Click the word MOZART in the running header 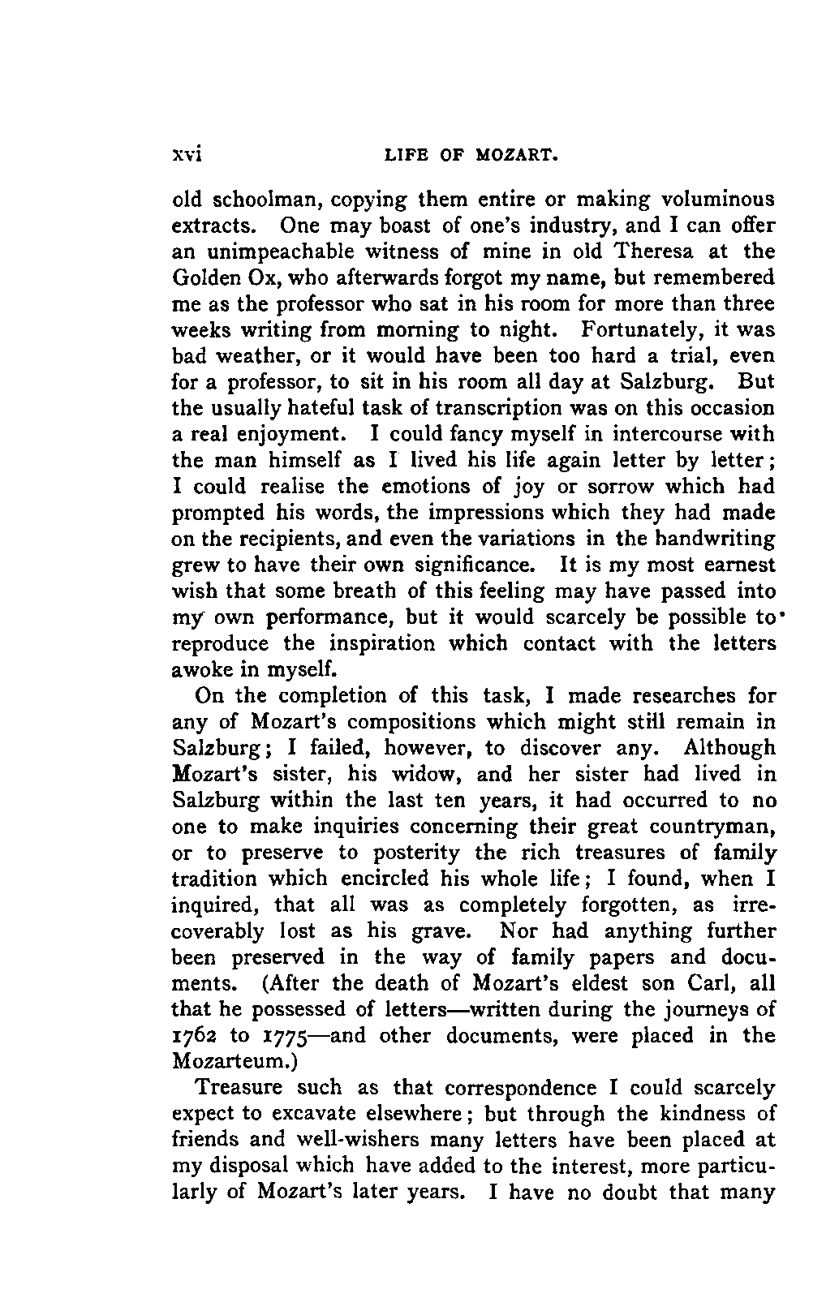(x=514, y=154)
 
